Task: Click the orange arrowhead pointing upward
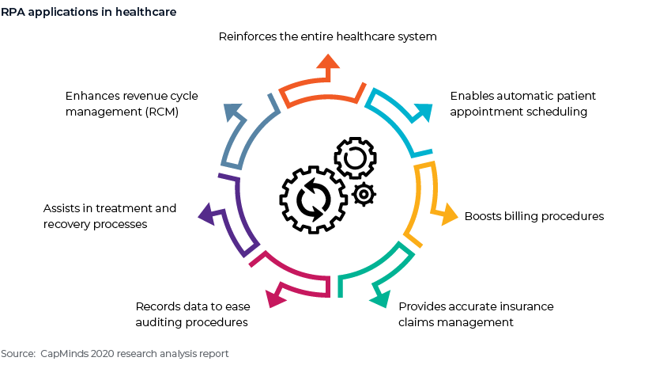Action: [x=328, y=62]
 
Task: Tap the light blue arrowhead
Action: [x=424, y=112]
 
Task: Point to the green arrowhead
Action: [x=380, y=298]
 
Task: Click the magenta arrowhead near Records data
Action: [x=275, y=298]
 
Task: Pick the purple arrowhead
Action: [x=206, y=214]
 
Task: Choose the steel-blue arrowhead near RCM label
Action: [x=233, y=112]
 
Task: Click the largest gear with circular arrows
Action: [x=313, y=200]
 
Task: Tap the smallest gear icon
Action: [x=364, y=195]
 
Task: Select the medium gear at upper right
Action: [x=355, y=158]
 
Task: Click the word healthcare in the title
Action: [x=145, y=12]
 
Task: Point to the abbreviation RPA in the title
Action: [x=13, y=12]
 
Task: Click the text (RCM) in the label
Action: [x=162, y=112]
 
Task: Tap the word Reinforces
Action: [x=247, y=36]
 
